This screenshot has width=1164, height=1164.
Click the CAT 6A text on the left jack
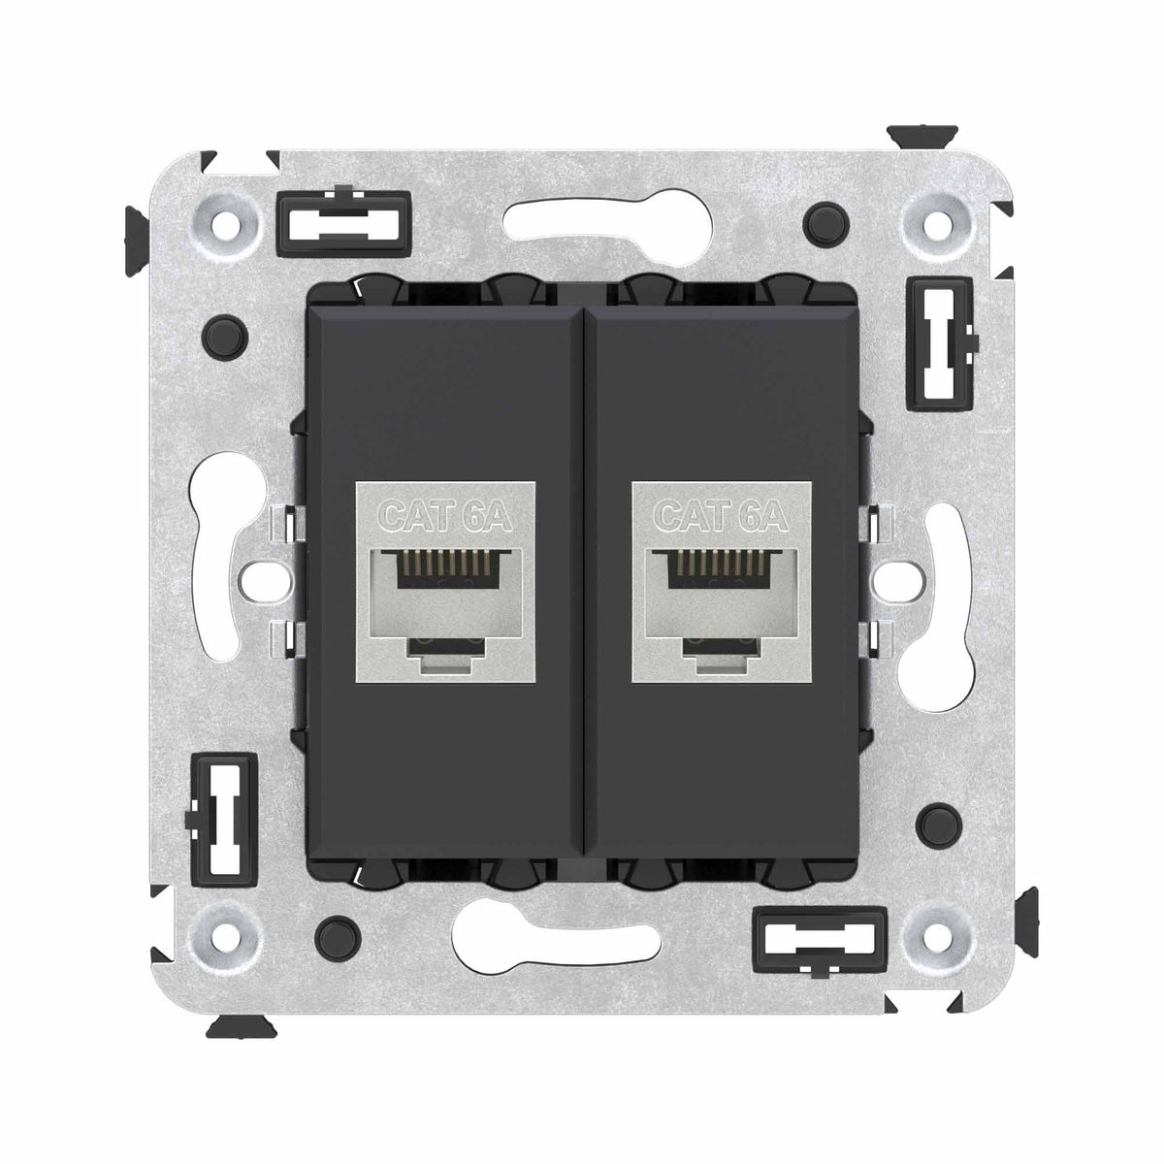446,516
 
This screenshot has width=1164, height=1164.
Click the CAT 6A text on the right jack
722,516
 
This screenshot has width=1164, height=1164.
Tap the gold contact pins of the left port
444,563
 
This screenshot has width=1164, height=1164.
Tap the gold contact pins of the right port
720,563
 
